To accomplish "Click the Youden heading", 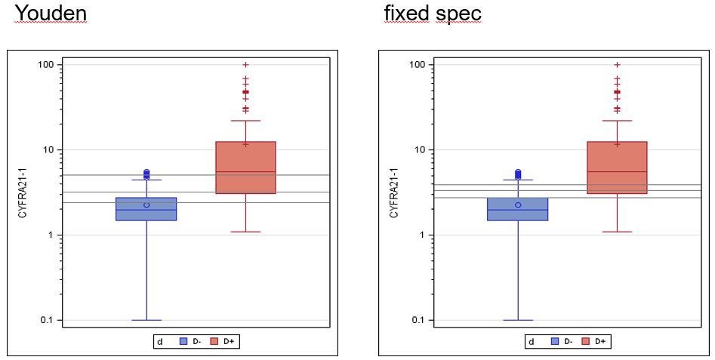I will (51, 14).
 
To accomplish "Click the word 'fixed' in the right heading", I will (406, 14).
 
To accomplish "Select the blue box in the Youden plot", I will (146, 209).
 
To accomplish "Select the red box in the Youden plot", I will (245, 168).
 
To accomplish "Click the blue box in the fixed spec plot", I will (518, 209).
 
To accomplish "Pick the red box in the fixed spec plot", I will (617, 168).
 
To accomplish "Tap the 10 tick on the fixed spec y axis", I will (421, 150).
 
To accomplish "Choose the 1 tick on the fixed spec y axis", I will (424, 235).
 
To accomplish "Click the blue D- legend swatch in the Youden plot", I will (183, 342).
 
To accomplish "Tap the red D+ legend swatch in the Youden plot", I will (214, 342).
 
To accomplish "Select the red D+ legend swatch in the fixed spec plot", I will (586, 342).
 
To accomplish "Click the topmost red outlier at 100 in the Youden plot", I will (245, 65).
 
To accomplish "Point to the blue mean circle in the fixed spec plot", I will (518, 205).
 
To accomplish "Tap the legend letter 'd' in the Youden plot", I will (159, 342).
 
